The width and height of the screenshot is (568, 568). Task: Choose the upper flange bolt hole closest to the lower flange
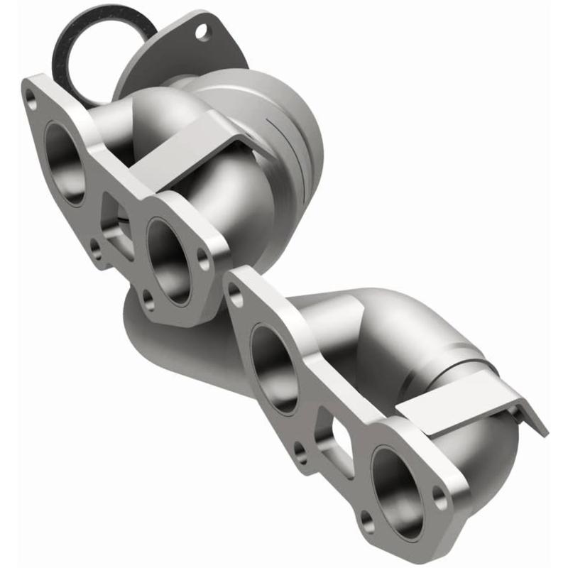204,260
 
